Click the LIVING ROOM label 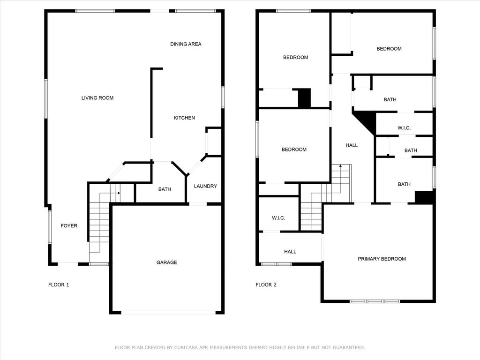click(97, 98)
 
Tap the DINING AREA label click(186, 44)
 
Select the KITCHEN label click(184, 118)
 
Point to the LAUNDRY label click(205, 186)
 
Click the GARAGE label click(166, 262)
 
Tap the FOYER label click(69, 225)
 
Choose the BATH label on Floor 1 click(165, 189)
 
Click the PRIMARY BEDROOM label click(382, 259)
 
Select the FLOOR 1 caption click(59, 285)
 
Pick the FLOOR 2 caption click(266, 285)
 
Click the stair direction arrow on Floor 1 click(119, 193)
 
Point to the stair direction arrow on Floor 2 click(340, 166)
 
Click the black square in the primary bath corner click(424, 197)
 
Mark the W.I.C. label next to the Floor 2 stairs click(278, 218)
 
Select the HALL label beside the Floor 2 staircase click(352, 145)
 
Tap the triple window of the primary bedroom click(375, 301)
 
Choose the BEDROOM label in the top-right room click(389, 49)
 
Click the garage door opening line click(169, 313)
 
